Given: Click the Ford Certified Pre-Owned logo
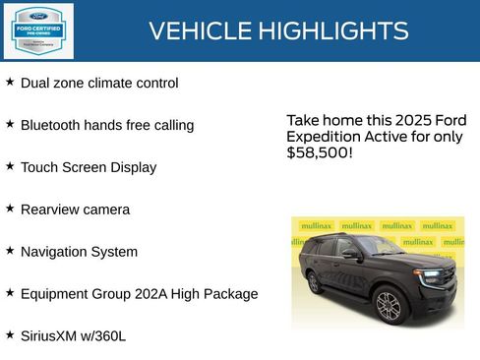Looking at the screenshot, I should (x=36, y=30).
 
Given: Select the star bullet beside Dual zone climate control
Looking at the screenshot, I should (x=10, y=82).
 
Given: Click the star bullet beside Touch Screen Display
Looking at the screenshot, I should (x=10, y=166).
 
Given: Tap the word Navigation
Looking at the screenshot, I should (x=55, y=252).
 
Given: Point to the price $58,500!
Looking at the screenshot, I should (x=320, y=153).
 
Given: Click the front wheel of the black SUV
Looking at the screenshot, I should (x=389, y=305).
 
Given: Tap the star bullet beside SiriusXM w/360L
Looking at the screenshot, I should (x=10, y=334).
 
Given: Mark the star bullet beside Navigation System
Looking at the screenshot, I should (x=10, y=251).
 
